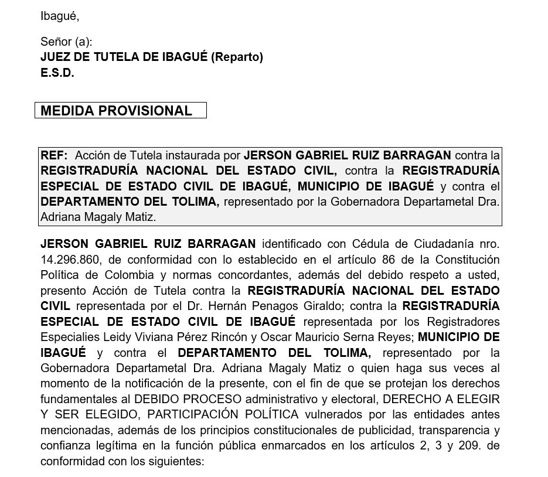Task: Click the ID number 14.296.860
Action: tap(66, 260)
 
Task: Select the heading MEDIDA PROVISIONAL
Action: tap(116, 111)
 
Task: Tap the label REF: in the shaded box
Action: tap(54, 155)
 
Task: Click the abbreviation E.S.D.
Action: tap(57, 73)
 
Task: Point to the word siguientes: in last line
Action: tap(174, 461)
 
